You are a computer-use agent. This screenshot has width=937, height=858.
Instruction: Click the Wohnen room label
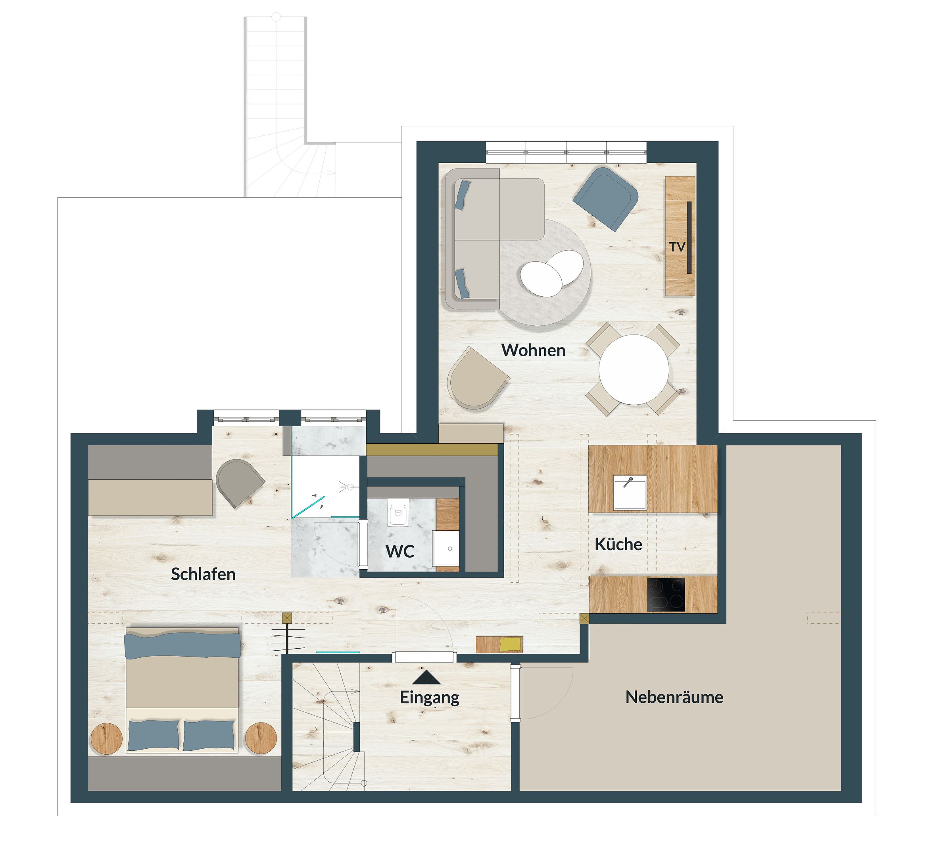(533, 350)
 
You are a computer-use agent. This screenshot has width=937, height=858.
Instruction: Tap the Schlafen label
(203, 574)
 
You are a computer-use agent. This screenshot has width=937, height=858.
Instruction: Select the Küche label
(618, 544)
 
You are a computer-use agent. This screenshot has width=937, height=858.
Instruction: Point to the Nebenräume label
(674, 697)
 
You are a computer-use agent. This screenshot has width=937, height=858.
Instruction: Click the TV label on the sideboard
(677, 247)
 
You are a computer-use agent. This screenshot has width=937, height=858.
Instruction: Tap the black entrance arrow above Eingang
(426, 678)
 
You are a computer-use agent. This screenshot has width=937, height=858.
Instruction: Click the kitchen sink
(630, 492)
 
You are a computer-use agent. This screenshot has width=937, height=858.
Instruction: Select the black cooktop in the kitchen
(666, 595)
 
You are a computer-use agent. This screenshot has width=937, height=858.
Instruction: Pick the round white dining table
(634, 369)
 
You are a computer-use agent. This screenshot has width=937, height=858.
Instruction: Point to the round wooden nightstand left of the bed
(106, 738)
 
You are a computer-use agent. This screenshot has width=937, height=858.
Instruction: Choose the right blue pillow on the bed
(209, 735)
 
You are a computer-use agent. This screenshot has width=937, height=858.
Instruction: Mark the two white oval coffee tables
(552, 273)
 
